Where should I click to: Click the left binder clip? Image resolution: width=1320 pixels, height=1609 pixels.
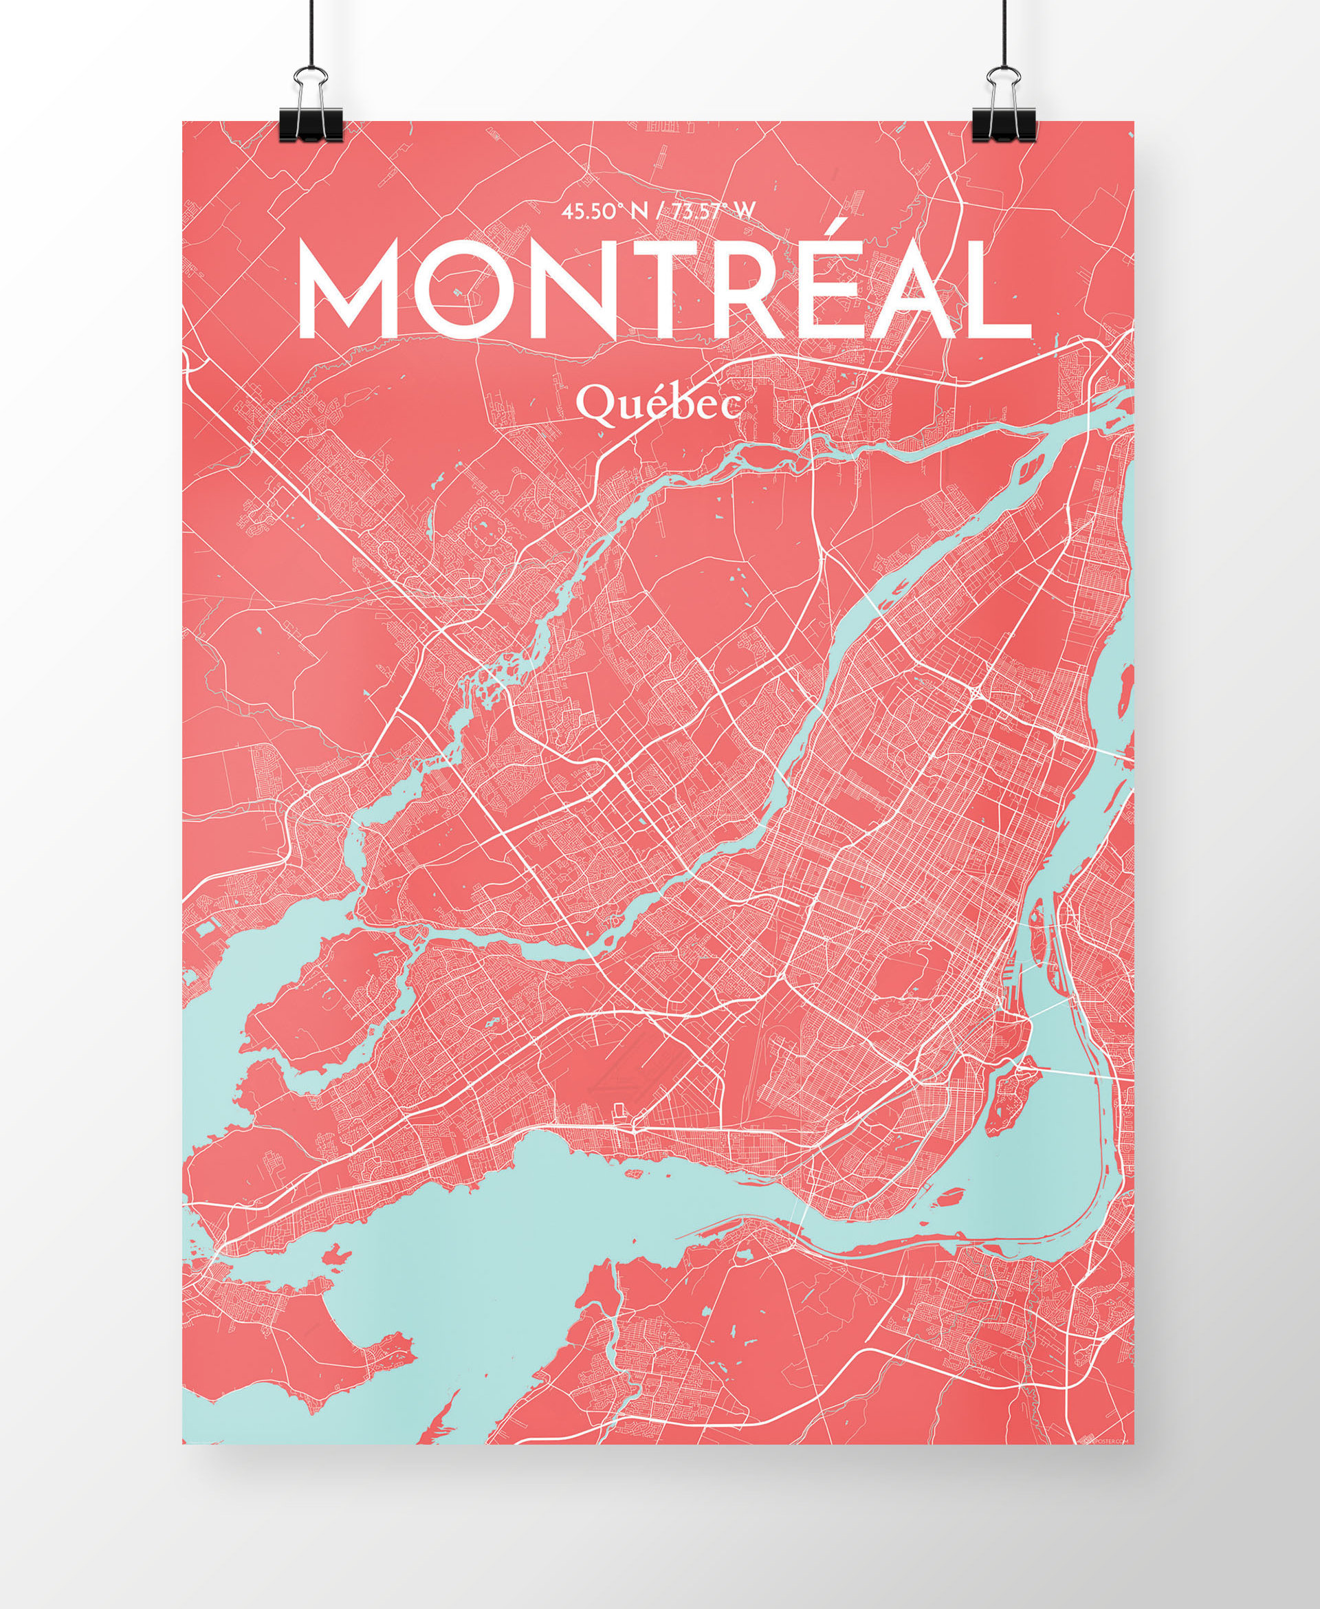point(310,114)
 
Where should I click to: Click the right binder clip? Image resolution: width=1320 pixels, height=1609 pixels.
point(1004,114)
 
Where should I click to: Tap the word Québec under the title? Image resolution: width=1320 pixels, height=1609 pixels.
point(658,404)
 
